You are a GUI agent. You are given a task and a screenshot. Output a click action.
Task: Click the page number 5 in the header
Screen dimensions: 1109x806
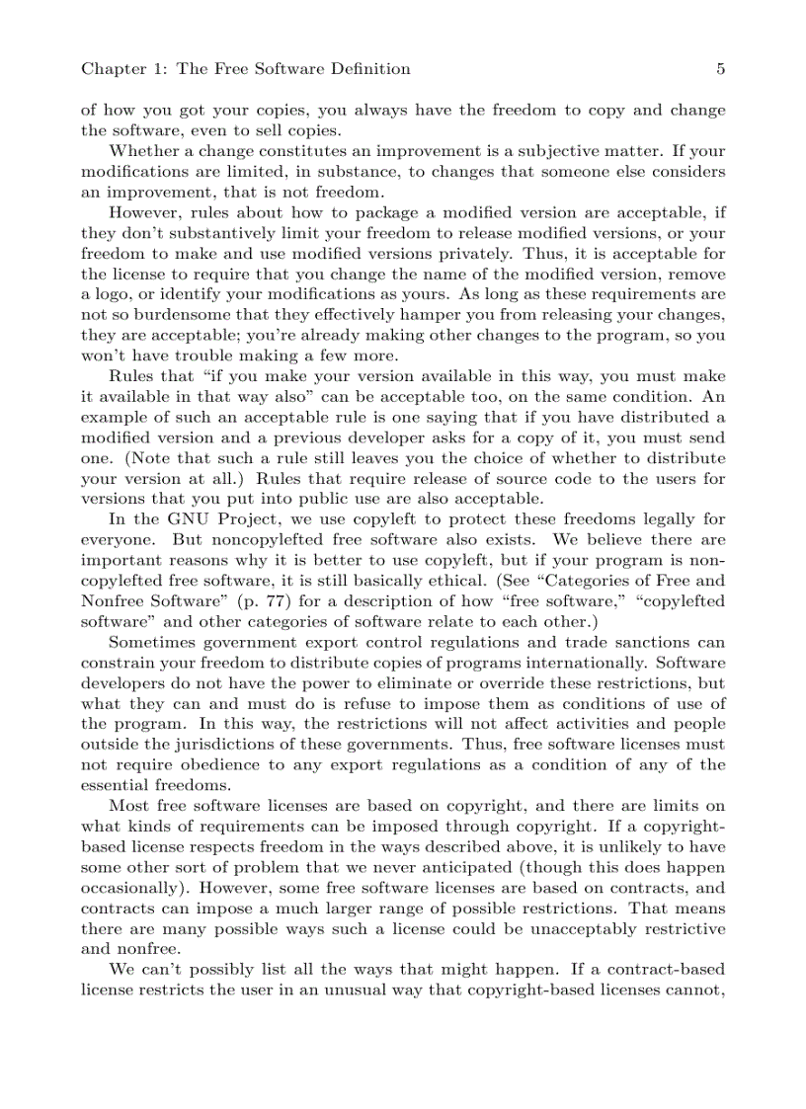[x=720, y=69]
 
